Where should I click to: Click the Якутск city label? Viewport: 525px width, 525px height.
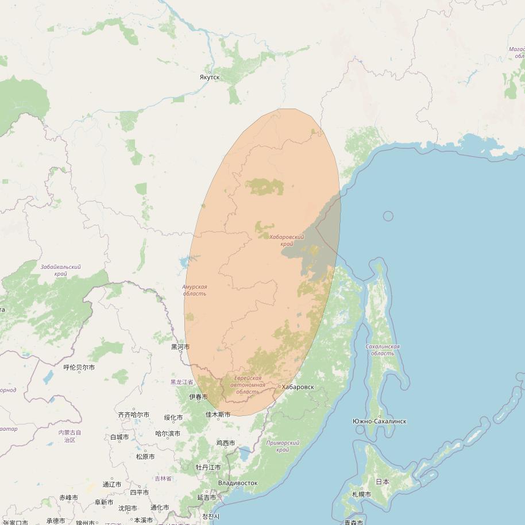coord(210,77)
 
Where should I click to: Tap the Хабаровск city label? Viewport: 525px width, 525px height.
coord(298,387)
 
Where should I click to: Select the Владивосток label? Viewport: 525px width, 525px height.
coord(238,483)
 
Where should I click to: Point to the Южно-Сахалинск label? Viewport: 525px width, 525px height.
coord(379,421)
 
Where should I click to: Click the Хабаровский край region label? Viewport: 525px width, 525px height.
coord(286,240)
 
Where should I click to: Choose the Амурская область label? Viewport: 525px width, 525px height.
coord(195,290)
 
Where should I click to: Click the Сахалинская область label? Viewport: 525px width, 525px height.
coord(383,350)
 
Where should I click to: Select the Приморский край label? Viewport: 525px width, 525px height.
coord(283,446)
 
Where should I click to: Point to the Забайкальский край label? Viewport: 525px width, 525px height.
coord(61,270)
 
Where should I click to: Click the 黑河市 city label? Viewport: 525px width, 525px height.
coord(180,347)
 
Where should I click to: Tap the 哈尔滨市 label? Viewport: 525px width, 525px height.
coord(168,434)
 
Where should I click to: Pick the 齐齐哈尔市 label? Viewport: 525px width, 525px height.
coord(133,415)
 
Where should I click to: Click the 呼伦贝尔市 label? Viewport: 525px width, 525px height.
coord(79,367)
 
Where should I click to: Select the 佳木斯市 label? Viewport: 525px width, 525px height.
coord(218,415)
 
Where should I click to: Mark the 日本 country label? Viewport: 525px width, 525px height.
coord(382,482)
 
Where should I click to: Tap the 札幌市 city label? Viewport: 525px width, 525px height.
coord(361,495)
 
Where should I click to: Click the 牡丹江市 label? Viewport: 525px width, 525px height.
coord(208,468)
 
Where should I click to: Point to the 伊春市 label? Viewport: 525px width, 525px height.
coord(198,397)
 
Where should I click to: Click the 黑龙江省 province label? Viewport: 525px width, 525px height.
coord(182,382)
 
